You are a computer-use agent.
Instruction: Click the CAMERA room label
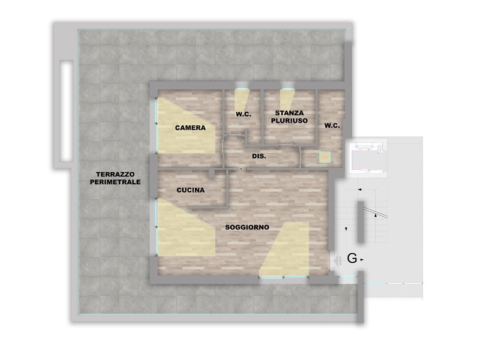coord(190,128)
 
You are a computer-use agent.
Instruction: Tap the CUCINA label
coord(190,190)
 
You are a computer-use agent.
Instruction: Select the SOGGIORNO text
coord(247,228)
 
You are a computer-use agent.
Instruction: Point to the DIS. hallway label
coord(259,156)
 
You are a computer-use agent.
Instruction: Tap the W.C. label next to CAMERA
coord(243,114)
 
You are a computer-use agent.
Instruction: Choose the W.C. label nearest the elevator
coord(332,125)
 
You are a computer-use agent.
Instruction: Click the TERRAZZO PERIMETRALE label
coord(114,178)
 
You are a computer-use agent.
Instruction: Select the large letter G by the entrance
coord(352,259)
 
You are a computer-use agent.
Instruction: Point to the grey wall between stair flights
coord(360,223)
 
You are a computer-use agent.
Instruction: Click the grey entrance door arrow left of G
coord(338,260)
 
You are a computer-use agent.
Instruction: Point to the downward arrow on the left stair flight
coord(348,229)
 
